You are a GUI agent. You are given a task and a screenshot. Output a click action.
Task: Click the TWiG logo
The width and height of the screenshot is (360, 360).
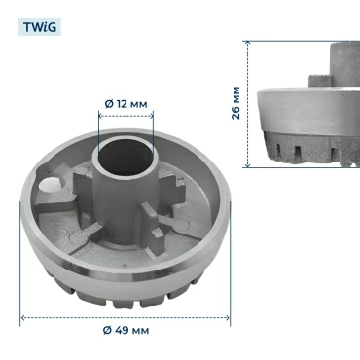point(40,27)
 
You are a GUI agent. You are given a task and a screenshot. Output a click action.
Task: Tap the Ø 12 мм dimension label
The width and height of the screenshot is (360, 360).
point(126,104)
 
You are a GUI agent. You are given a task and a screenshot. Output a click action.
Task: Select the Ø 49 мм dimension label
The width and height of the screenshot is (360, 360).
point(126,330)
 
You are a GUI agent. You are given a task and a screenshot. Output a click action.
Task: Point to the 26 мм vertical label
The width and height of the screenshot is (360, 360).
point(236,103)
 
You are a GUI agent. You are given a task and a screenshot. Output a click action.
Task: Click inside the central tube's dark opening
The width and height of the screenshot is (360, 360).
point(126,157)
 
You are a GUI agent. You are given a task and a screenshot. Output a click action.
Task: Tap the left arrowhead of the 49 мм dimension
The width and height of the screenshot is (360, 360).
point(22,318)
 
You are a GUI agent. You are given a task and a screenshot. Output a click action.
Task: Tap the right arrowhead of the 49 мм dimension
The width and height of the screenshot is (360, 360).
point(228,318)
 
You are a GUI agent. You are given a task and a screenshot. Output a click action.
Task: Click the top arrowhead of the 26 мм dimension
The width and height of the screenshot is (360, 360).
point(248,43)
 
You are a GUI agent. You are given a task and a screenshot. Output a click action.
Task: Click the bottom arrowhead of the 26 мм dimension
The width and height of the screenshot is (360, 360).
point(248,165)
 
